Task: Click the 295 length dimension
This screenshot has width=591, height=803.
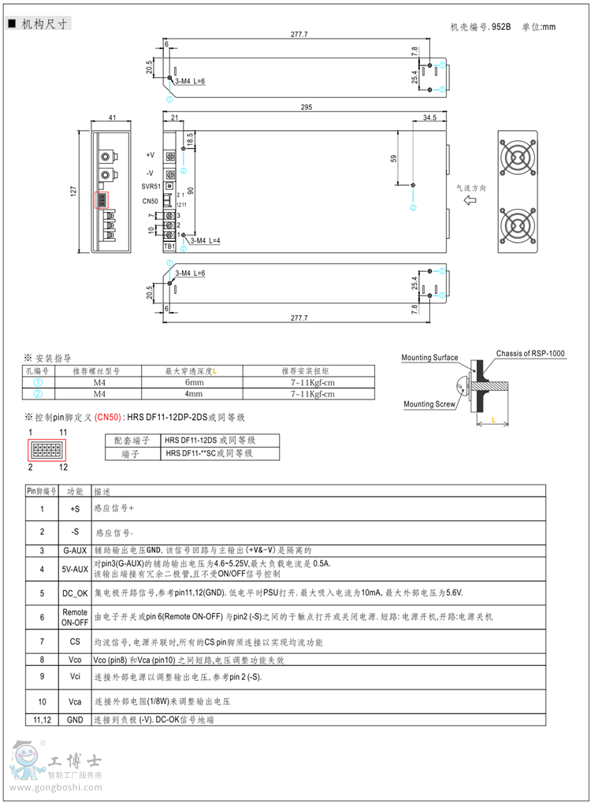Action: pyautogui.click(x=306, y=107)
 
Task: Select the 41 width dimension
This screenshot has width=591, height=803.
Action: pyautogui.click(x=112, y=117)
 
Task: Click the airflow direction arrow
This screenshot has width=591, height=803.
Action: pyautogui.click(x=470, y=201)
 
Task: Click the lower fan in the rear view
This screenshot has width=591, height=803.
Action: pyautogui.click(x=519, y=227)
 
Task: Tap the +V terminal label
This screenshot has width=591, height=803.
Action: pyautogui.click(x=151, y=155)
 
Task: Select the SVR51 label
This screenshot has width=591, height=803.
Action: pyautogui.click(x=151, y=187)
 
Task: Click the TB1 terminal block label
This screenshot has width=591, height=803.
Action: pyautogui.click(x=169, y=247)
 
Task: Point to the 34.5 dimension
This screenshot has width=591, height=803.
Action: pyautogui.click(x=429, y=117)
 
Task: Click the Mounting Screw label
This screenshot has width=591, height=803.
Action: pyautogui.click(x=429, y=404)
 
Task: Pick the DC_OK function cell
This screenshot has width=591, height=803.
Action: pyautogui.click(x=75, y=593)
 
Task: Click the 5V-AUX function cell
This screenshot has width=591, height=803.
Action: pyautogui.click(x=75, y=567)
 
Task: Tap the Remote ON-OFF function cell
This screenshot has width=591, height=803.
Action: pyautogui.click(x=75, y=616)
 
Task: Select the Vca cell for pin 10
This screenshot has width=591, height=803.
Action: pyautogui.click(x=75, y=701)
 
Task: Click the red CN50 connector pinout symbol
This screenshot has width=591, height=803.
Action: pyautogui.click(x=48, y=450)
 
